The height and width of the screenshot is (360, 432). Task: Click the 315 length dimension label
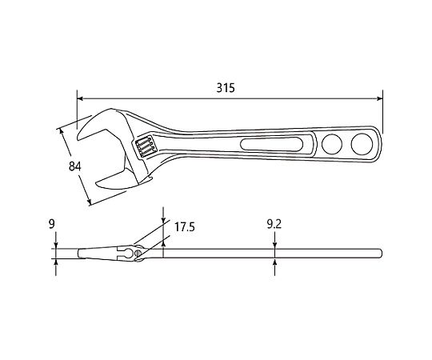tap(226, 88)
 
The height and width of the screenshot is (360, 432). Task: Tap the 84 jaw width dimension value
tap(75, 166)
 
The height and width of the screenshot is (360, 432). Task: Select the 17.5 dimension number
tap(185, 227)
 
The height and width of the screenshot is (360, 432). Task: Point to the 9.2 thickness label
tap(274, 225)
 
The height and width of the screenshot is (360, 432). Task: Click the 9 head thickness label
tap(52, 224)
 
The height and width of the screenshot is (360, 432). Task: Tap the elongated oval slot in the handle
tap(272, 144)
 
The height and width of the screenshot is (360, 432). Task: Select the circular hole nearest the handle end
tap(362, 144)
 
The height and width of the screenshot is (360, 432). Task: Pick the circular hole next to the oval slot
tap(332, 144)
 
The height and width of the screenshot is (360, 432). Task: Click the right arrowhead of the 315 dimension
tap(380, 98)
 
